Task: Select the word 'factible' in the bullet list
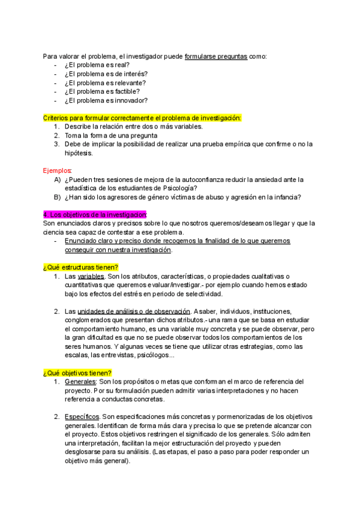pyautogui.click(x=128, y=91)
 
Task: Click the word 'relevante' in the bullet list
pyautogui.click(x=131, y=82)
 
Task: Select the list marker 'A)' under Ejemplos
pyautogui.click(x=58, y=179)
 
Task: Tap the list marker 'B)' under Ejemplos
pyautogui.click(x=58, y=197)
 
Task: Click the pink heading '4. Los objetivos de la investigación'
pyautogui.click(x=95, y=214)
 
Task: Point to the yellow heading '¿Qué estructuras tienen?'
pyautogui.click(x=80, y=267)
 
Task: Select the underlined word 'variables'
pyautogui.click(x=91, y=276)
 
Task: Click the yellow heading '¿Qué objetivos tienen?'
pyautogui.click(x=77, y=372)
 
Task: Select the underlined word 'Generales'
pyautogui.click(x=80, y=382)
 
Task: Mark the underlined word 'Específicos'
pyautogui.click(x=82, y=417)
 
